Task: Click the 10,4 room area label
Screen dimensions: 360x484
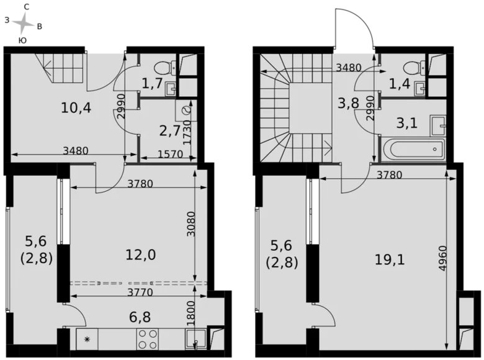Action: pos(76,108)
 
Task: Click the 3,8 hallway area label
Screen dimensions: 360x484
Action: pos(349,103)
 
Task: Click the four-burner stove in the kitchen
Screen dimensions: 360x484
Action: pos(147,339)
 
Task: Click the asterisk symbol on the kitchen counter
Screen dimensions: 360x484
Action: pos(87,340)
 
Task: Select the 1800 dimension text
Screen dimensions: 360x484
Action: pos(191,312)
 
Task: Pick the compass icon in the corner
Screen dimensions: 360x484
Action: pos(22,23)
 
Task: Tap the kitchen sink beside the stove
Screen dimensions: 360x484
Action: pos(197,340)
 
